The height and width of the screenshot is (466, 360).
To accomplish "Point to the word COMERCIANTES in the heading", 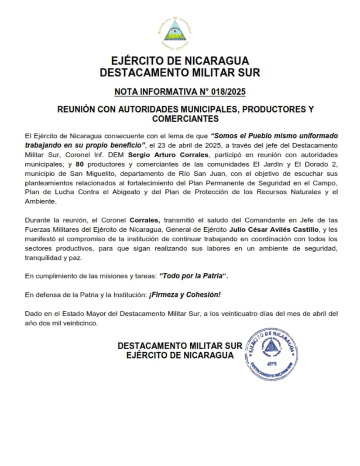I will click(185, 119).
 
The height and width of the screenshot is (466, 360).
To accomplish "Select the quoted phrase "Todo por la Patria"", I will click(194, 276).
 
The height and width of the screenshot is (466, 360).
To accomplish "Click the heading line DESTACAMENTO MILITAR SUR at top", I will click(179, 72).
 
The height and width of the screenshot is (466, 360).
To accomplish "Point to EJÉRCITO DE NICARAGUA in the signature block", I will click(179, 356).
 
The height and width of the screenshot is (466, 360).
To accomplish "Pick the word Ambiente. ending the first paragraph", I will click(40, 202).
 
